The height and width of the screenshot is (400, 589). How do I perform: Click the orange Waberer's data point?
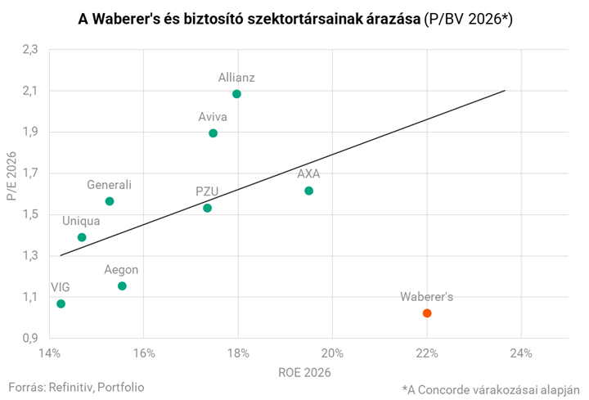(x=427, y=313)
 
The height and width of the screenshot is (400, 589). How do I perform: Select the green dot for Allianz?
(x=236, y=94)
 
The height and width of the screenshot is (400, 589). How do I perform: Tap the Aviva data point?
(x=214, y=133)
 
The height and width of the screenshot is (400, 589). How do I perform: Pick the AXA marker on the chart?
(x=308, y=191)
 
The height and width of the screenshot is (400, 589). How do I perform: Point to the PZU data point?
(x=208, y=208)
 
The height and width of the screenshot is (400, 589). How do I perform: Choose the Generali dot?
(x=110, y=201)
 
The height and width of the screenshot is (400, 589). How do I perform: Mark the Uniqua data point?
(x=82, y=237)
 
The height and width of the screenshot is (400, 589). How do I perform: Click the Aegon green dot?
(x=122, y=286)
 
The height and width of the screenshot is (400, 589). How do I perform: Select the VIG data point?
(x=61, y=304)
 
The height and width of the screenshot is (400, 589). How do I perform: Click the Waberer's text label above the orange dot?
(x=426, y=296)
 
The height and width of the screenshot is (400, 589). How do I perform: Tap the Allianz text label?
(x=236, y=78)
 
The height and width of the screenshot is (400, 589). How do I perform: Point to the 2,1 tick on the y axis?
(x=30, y=91)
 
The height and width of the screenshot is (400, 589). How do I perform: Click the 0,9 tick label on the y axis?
(x=30, y=338)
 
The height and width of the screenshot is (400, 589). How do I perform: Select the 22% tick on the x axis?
(x=426, y=353)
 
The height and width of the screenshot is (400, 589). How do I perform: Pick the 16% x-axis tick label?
(x=143, y=353)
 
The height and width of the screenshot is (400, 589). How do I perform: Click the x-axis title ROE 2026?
(x=308, y=373)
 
